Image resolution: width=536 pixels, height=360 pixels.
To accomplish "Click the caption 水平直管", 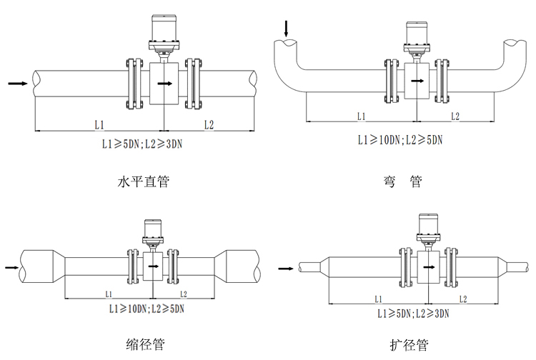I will (143, 181).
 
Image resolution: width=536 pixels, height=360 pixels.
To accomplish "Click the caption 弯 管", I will (402, 181).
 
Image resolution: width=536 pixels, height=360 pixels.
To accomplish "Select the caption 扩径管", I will (409, 345).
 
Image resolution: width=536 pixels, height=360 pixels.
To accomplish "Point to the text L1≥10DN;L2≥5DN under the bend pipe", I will (400, 139).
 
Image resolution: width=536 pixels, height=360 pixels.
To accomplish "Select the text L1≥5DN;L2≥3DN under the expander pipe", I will (413, 313).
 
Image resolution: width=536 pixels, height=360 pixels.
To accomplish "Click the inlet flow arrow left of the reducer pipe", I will (11, 268).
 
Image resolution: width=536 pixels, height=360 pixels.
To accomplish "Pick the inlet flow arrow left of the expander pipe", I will (285, 269).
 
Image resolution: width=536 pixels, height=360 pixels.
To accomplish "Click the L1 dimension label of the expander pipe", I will (377, 299).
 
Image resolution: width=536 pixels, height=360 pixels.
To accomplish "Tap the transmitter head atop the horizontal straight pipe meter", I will (164, 29).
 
